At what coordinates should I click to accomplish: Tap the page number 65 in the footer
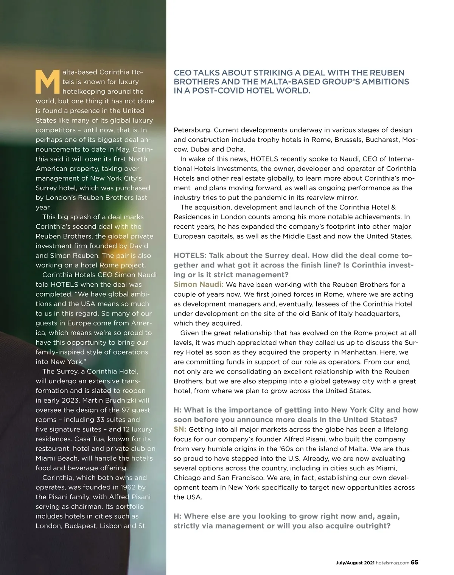415,562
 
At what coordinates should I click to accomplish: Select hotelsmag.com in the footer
393,563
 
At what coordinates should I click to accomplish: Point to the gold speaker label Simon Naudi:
199,284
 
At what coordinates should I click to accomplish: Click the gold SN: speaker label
180,430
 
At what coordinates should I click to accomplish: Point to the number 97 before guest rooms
126,410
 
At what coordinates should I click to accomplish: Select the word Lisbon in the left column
110,526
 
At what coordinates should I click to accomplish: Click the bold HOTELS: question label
190,256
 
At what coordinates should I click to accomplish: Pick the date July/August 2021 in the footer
355,563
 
